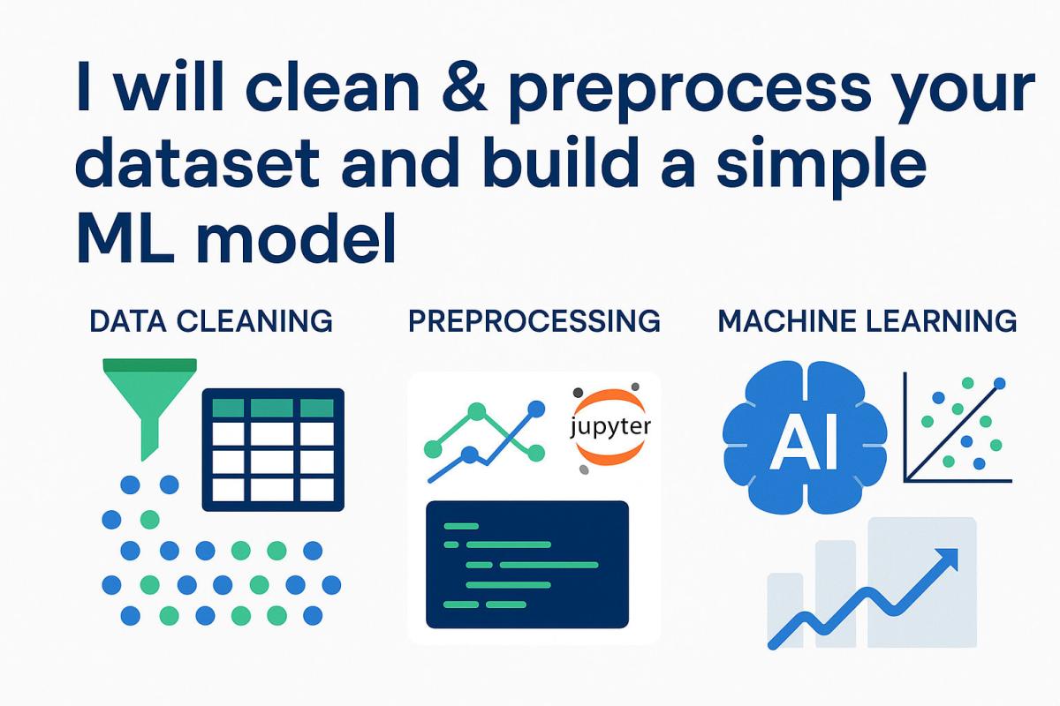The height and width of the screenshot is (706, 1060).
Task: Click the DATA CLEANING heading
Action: (211, 321)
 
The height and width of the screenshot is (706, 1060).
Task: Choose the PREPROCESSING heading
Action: (534, 321)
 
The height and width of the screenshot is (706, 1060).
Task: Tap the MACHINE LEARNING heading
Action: (867, 321)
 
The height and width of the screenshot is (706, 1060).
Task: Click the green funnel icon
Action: (149, 397)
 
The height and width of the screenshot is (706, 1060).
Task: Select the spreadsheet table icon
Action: (273, 449)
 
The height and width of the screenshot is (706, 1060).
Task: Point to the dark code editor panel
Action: (527, 564)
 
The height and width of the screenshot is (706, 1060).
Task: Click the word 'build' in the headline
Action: (512, 165)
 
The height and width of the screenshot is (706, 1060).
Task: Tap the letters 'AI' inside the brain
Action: (803, 444)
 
